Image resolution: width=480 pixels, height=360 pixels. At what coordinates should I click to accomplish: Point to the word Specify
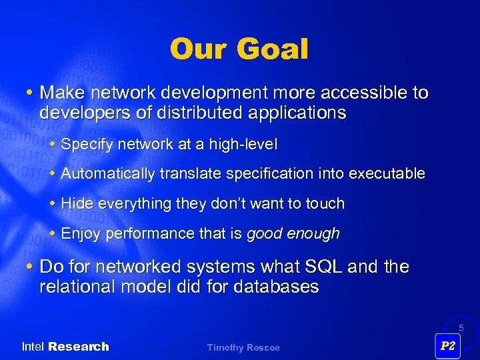(x=85, y=144)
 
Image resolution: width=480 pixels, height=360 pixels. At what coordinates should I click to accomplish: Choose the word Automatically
(x=107, y=174)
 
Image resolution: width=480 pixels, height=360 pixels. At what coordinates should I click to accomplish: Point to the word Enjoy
(x=80, y=234)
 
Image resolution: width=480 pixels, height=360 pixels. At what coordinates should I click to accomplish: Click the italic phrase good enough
(x=293, y=234)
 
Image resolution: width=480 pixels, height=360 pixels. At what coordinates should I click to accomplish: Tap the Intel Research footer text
(x=65, y=347)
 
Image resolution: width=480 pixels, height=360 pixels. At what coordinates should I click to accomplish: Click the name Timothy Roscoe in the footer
(x=243, y=347)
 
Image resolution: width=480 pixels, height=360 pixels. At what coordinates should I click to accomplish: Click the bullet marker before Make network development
(x=32, y=93)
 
